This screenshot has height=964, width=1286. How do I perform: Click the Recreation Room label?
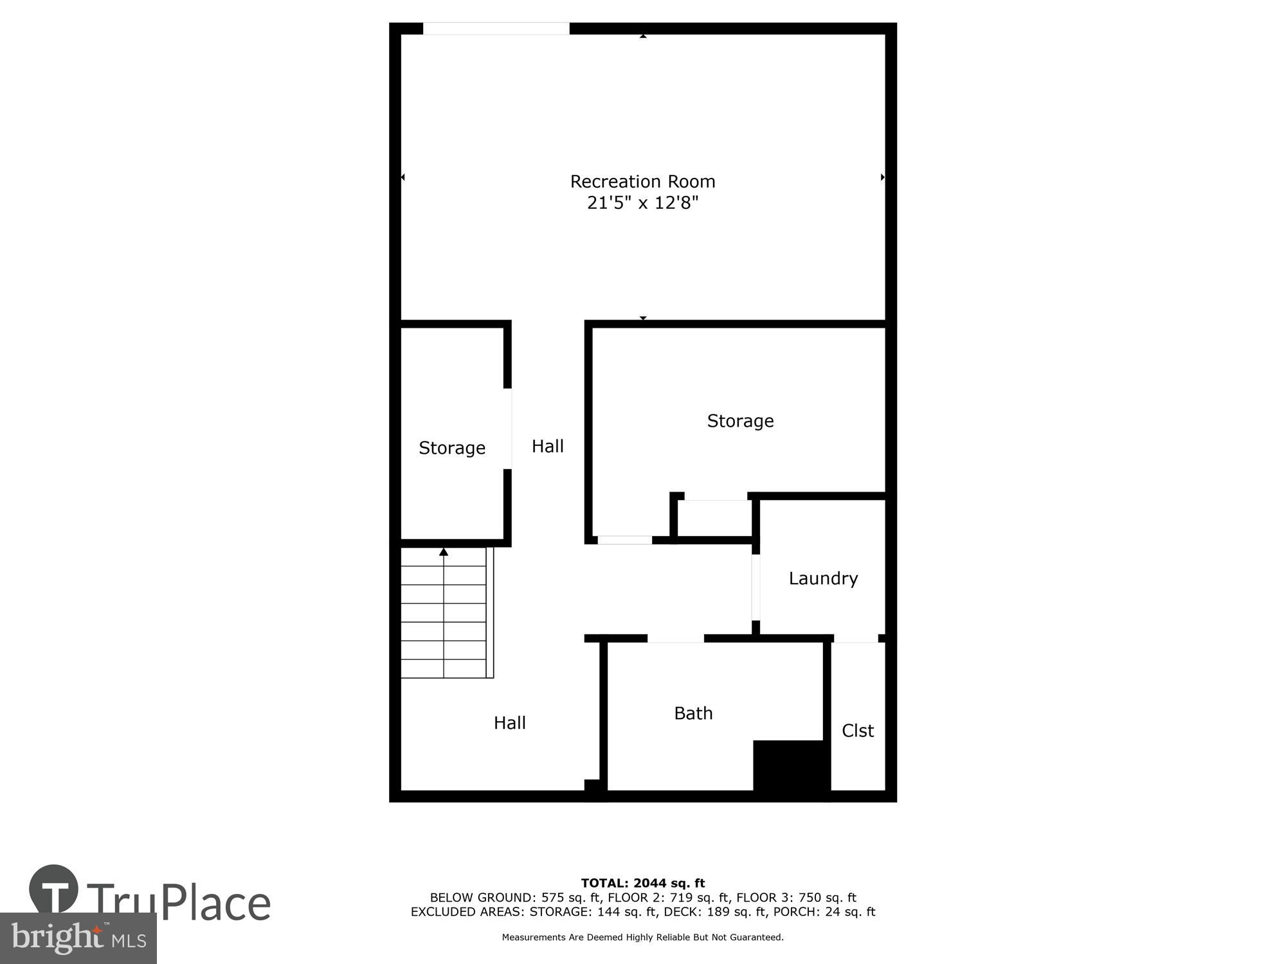click(642, 182)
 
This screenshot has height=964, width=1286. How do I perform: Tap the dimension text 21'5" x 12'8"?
click(642, 203)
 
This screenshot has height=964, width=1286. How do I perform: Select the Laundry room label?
click(823, 578)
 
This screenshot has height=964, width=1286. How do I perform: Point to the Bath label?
click(693, 713)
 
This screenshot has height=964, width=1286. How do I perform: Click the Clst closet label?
click(858, 731)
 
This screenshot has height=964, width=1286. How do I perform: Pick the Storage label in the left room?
click(452, 448)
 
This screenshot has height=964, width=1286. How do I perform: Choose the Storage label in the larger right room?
click(740, 421)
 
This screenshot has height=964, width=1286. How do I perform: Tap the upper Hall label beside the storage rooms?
click(547, 446)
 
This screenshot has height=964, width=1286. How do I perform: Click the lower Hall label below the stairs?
click(510, 723)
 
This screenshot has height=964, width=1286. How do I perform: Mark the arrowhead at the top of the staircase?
click(444, 552)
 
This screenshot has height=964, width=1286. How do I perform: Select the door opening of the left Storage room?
click(508, 429)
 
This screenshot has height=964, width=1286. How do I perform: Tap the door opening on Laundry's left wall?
click(756, 587)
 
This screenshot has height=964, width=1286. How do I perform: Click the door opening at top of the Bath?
click(675, 638)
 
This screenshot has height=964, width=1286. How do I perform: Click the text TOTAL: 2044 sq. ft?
click(642, 883)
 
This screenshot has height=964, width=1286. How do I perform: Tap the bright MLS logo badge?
click(78, 938)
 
